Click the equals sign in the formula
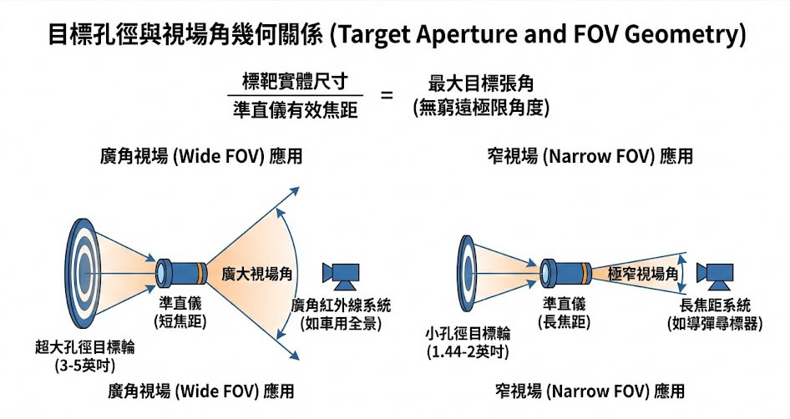coord(387,95)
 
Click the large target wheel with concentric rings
coord(84,268)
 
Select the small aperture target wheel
coord(473,269)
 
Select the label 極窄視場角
coord(643,273)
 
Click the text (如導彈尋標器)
coord(715,323)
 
